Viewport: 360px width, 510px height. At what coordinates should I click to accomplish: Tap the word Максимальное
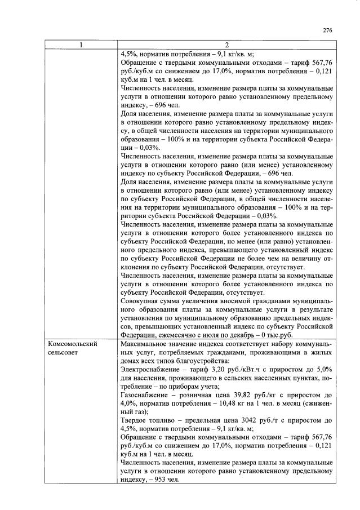[147, 344]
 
